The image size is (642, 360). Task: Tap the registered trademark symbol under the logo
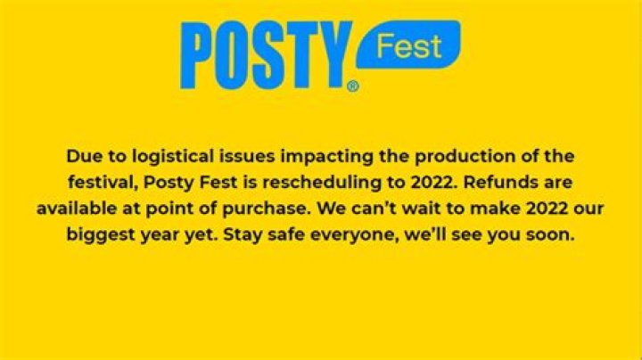pyautogui.click(x=353, y=86)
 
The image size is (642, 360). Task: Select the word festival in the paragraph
pyautogui.click(x=103, y=183)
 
